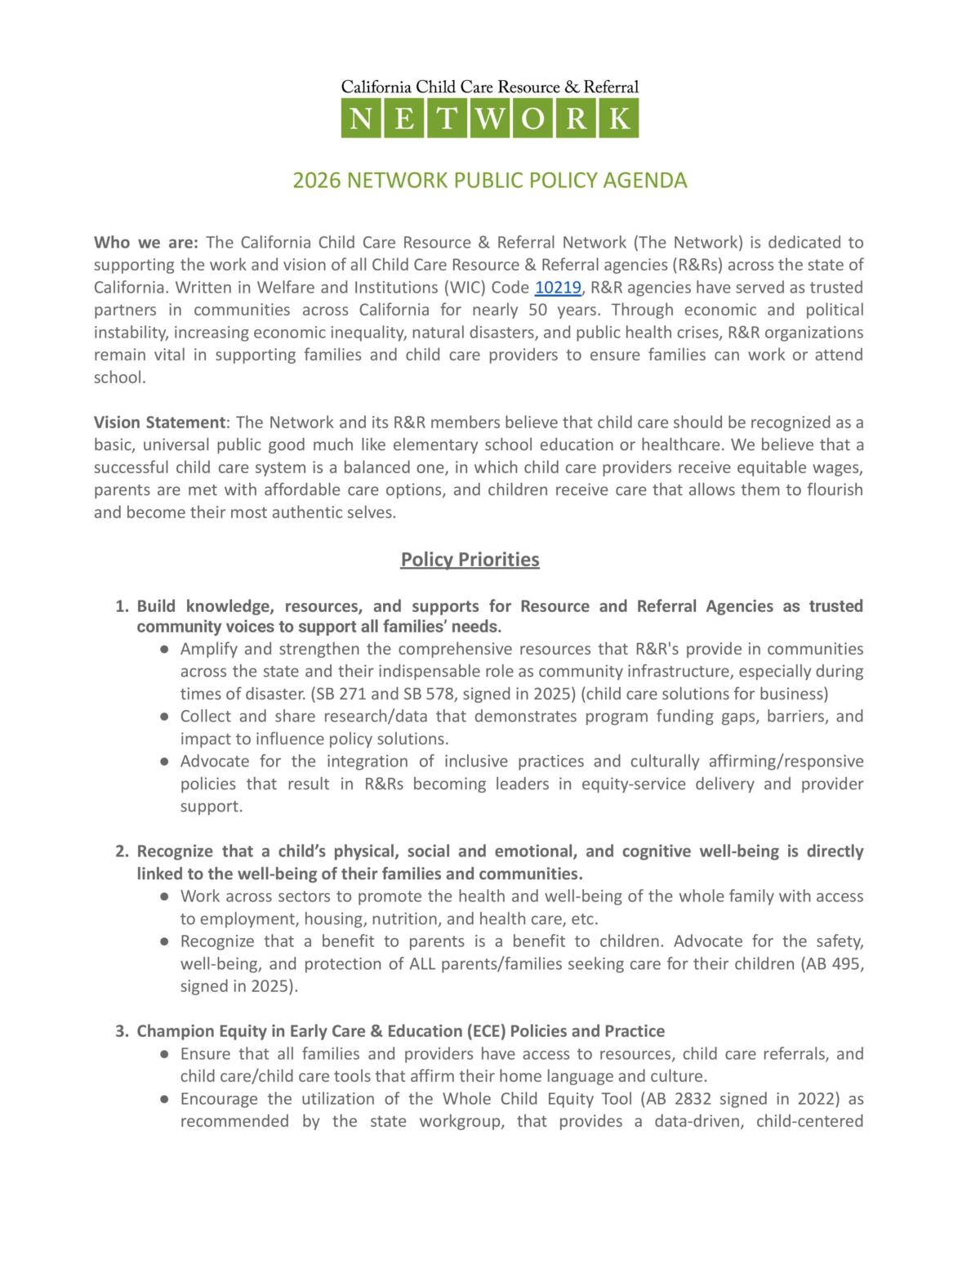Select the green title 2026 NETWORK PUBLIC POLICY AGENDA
click(490, 181)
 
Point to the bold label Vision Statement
click(159, 422)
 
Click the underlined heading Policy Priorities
click(470, 560)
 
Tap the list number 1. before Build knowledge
click(122, 606)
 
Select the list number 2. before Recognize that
click(122, 851)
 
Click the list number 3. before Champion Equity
click(122, 1031)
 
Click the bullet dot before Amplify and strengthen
click(164, 650)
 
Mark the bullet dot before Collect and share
click(164, 717)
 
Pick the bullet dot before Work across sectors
click(164, 896)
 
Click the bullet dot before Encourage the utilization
click(164, 1099)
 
